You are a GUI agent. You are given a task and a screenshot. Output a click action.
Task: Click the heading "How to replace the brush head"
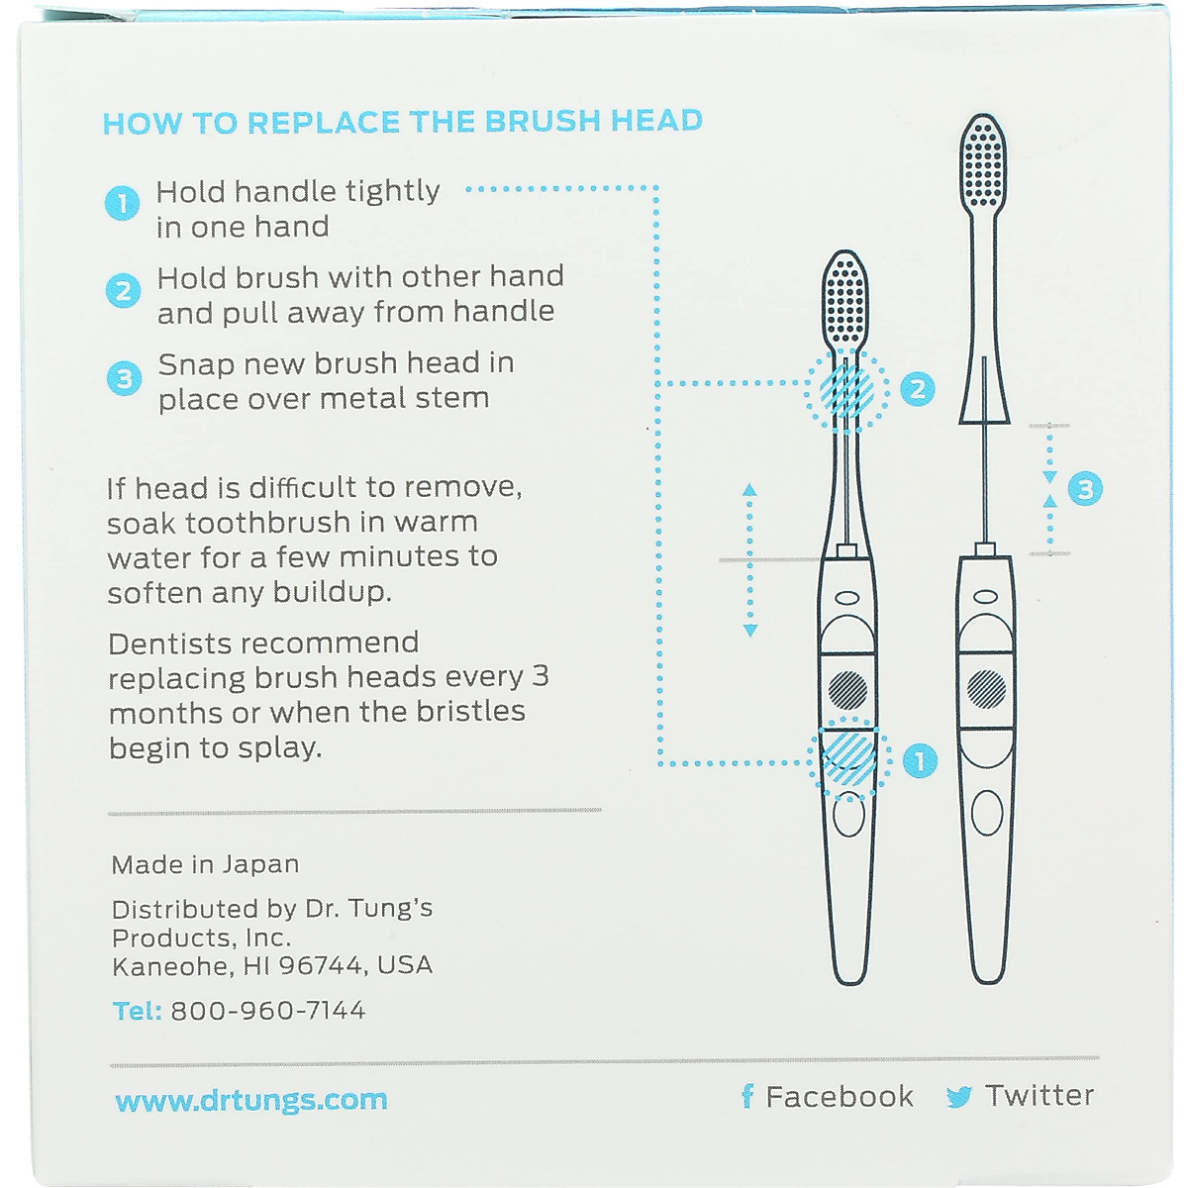coord(402,122)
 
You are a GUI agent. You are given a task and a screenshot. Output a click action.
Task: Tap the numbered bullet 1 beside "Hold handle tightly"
coord(122,205)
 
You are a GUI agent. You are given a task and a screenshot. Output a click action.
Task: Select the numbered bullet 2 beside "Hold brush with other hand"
coord(123,291)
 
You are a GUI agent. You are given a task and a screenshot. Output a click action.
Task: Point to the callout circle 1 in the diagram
coord(920,760)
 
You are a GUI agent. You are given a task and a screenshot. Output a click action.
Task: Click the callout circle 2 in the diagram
coord(918,388)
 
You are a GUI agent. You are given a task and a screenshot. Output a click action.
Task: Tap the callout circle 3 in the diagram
coord(1085,488)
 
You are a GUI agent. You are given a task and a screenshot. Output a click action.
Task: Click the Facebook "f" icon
coord(747,1096)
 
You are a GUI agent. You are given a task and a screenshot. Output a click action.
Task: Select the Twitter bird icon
coord(958,1097)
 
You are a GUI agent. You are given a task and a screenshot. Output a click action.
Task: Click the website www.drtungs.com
coord(250,1100)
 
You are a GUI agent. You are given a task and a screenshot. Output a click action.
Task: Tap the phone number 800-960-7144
coord(268,1011)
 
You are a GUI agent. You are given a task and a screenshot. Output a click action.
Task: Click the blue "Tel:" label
coord(137,1011)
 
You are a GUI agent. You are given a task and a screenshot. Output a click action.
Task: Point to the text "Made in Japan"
coord(205,864)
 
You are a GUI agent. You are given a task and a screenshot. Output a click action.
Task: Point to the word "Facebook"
coord(840,1096)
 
